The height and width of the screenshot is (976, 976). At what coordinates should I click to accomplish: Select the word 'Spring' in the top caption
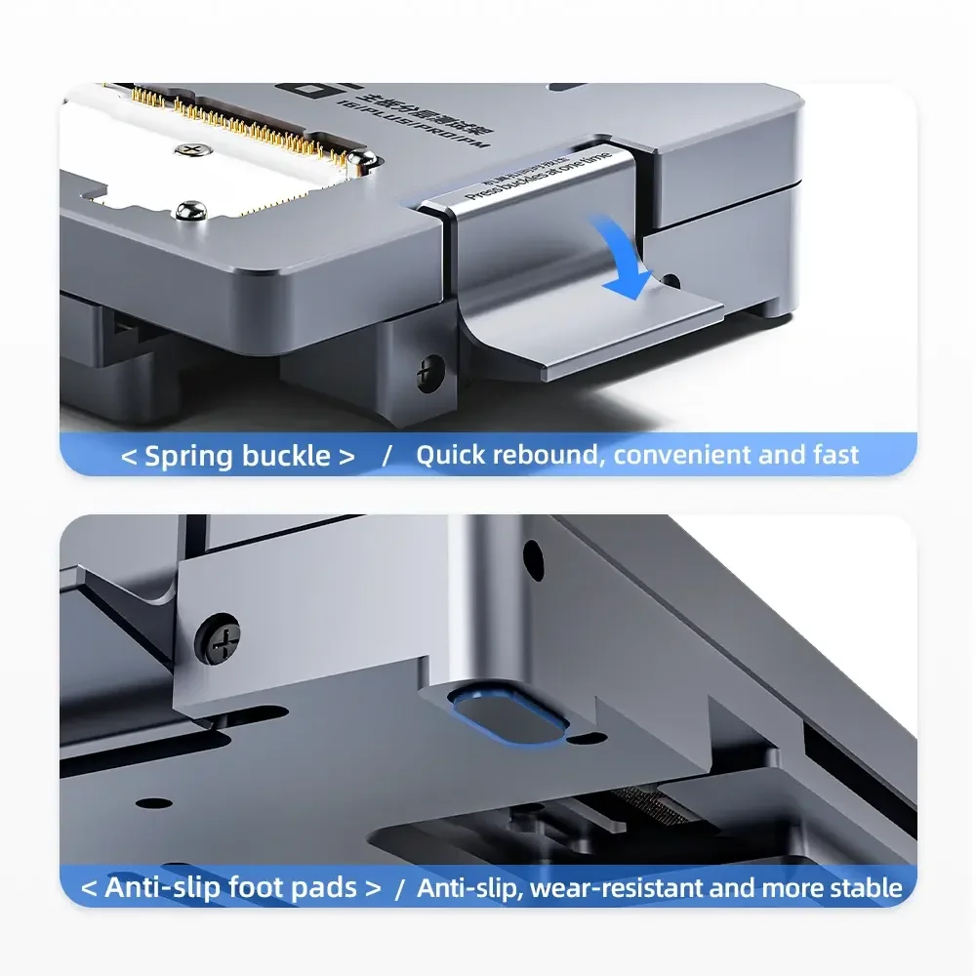189,456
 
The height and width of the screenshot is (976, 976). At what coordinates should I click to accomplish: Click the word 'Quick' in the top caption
451,455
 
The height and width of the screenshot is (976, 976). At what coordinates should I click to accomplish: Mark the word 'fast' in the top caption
835,455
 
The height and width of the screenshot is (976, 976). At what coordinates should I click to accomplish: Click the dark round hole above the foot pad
534,555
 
